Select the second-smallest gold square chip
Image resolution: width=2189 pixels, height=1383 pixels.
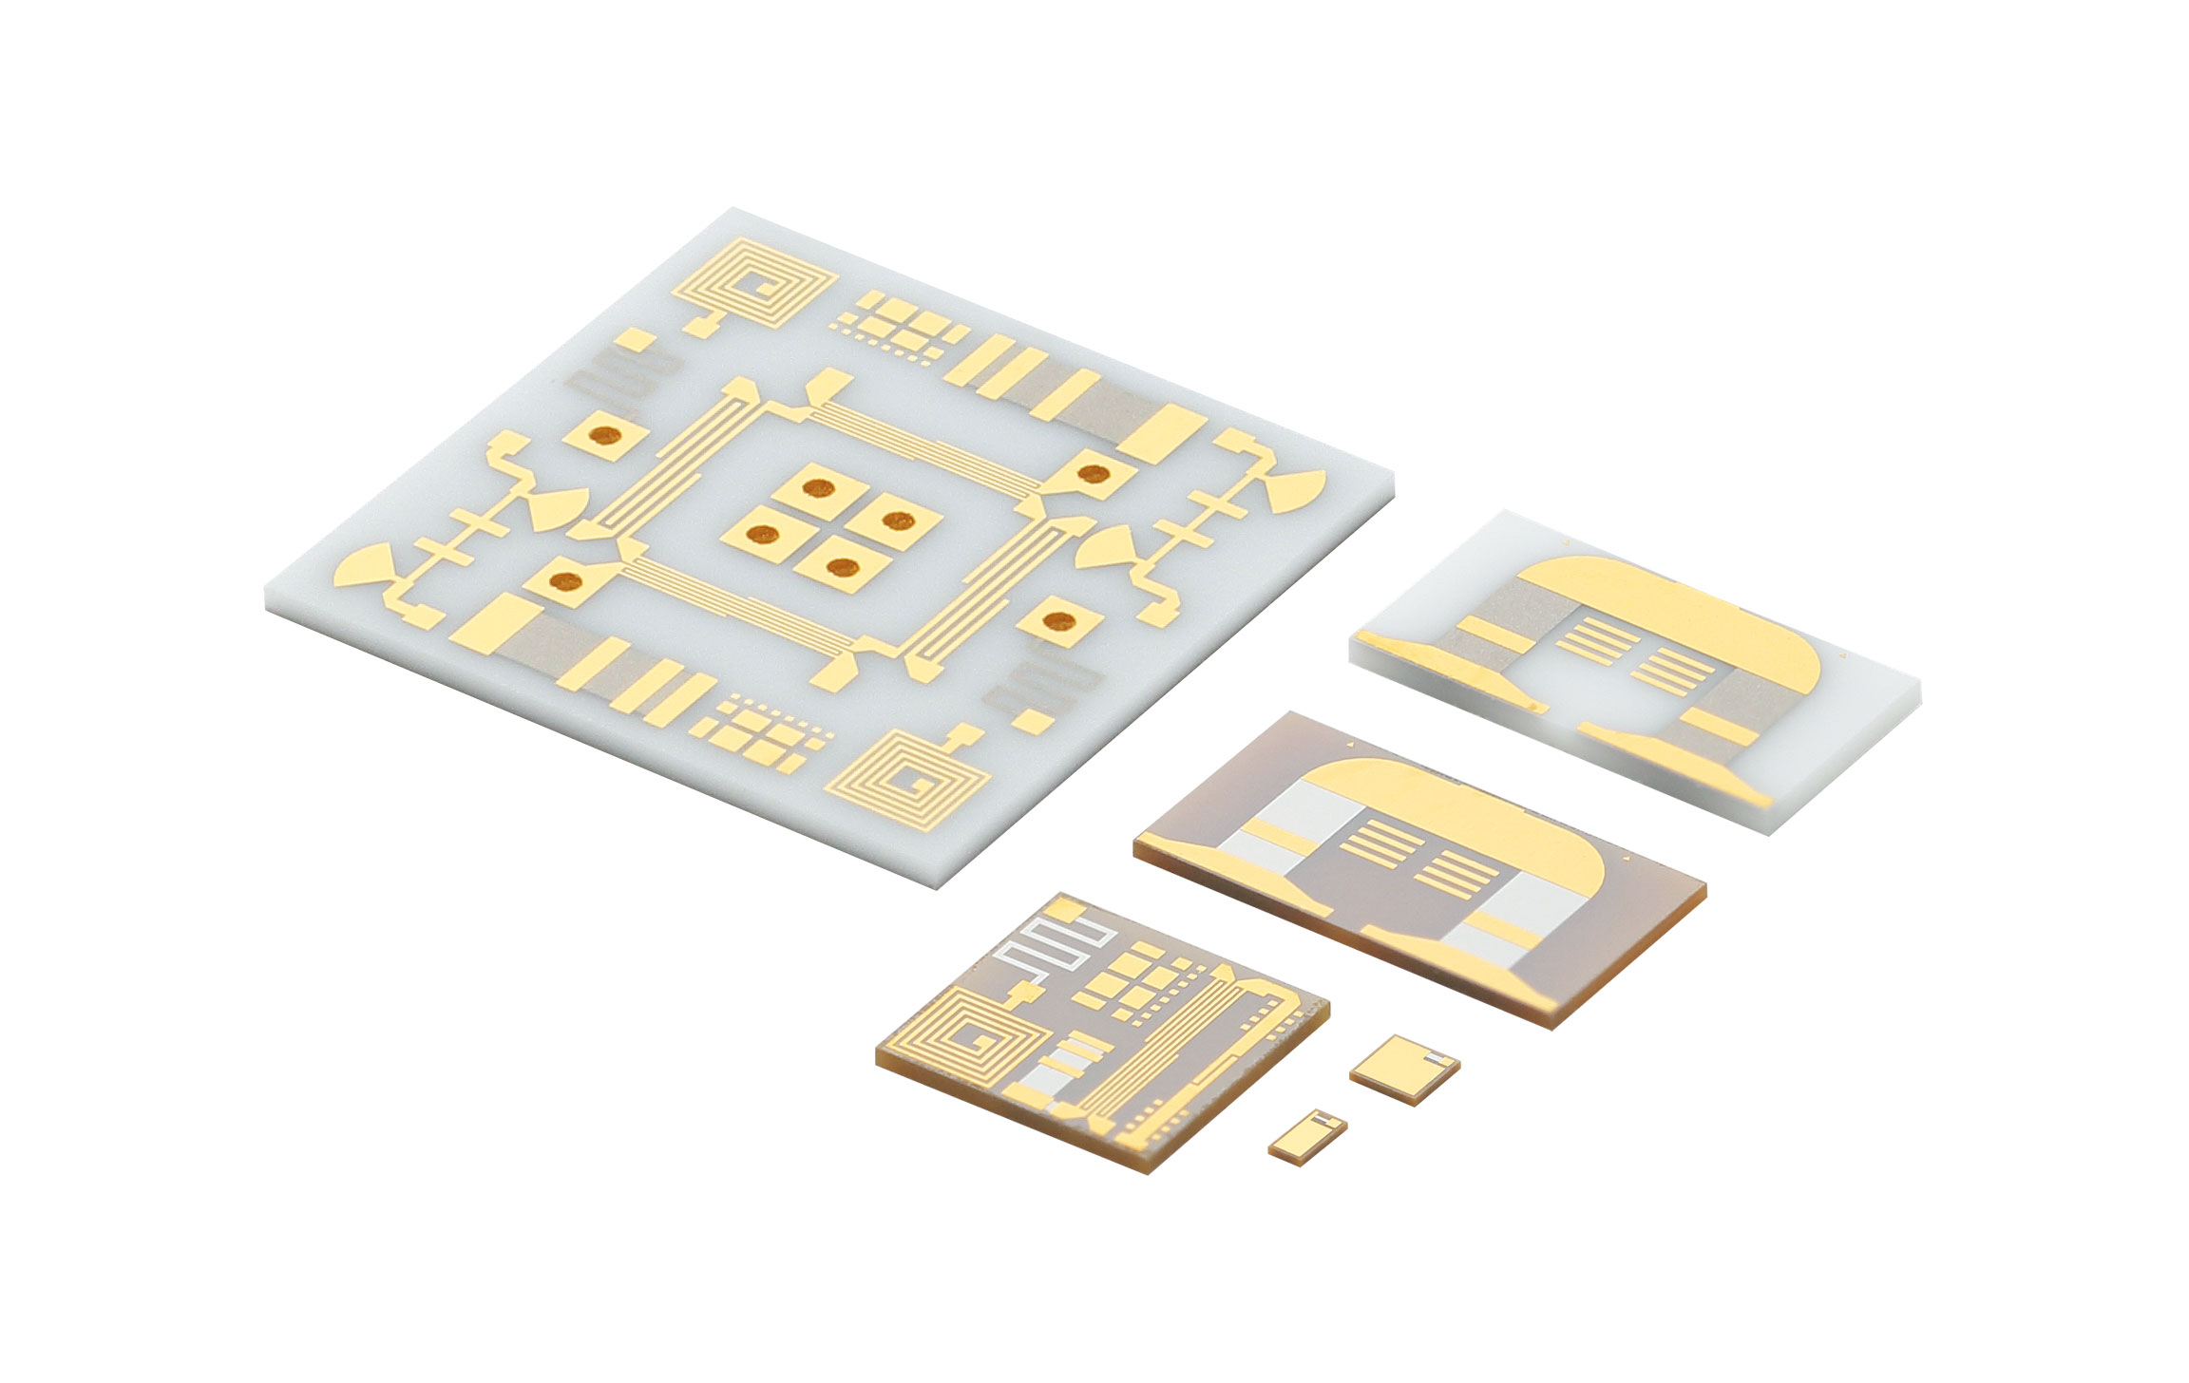(1402, 1068)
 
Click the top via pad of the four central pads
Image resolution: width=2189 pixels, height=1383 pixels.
(815, 488)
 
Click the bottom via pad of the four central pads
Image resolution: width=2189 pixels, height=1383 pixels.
(842, 568)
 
